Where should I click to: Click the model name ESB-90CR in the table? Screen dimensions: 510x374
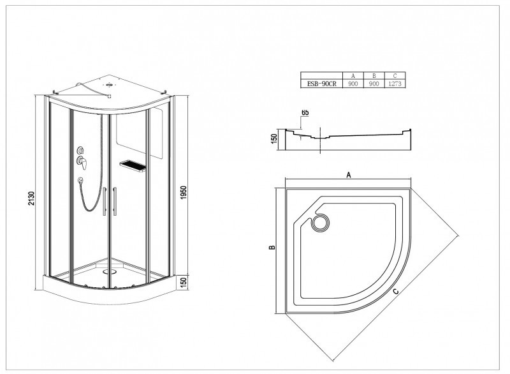[x=321, y=84]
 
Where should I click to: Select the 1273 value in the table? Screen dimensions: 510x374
[x=395, y=84]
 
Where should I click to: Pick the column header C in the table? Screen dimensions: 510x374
[x=395, y=76]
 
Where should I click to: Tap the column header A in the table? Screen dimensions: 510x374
[x=353, y=76]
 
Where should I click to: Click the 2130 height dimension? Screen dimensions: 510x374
[x=31, y=198]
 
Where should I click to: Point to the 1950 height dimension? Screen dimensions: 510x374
[x=184, y=193]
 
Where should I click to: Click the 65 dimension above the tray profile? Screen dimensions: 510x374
[x=305, y=112]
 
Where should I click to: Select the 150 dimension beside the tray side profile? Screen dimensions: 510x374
[x=274, y=138]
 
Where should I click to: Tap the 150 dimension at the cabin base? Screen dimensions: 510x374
[x=184, y=283]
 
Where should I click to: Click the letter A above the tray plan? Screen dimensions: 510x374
[x=348, y=175]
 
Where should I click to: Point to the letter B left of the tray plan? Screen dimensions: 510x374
[x=272, y=248]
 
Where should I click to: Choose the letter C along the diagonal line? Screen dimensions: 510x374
[x=395, y=291]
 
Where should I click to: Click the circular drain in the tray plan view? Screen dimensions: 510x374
[x=321, y=223]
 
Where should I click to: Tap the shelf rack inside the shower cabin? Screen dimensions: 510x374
[x=133, y=166]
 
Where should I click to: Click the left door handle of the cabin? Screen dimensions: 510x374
[x=105, y=201]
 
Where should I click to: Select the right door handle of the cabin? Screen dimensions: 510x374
[x=115, y=201]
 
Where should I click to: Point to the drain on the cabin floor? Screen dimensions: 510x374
[x=109, y=271]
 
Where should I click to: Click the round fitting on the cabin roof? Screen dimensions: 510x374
[x=110, y=85]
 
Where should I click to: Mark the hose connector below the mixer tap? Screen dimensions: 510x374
[x=80, y=179]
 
